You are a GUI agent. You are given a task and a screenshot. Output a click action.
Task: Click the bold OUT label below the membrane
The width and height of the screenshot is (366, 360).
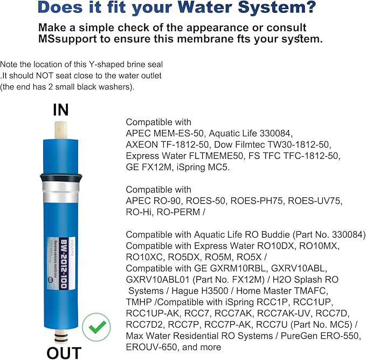point(63,352)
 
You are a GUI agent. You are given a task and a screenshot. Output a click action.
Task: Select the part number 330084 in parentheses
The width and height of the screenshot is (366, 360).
point(348,235)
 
